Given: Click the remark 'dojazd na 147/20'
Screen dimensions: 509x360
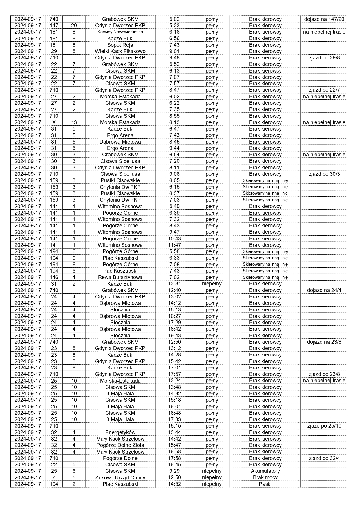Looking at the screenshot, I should point(324,19).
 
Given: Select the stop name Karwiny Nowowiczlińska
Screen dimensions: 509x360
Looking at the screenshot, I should point(120,32).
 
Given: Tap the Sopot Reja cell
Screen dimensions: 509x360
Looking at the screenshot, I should point(120,45).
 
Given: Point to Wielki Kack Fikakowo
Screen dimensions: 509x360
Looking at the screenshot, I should point(120,51).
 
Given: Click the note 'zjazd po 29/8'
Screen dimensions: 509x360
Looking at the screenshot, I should point(324,58).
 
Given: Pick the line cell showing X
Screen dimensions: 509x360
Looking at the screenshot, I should point(54,122).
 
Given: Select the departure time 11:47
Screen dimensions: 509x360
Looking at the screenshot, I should point(174,245).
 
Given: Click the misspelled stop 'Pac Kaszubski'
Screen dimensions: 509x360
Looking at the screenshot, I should point(120,271).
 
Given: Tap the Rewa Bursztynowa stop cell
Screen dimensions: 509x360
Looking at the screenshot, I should point(120,277).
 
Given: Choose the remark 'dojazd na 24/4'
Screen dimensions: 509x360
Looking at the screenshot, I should point(324,290).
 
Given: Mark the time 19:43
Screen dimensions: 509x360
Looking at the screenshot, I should point(174,336).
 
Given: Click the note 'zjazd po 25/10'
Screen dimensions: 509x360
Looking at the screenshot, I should point(324,426).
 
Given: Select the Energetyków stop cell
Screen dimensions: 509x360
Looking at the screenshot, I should point(120,432).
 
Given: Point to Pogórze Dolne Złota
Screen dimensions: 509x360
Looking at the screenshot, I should point(120,445).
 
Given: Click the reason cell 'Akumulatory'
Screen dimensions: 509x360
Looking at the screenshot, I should point(265,471).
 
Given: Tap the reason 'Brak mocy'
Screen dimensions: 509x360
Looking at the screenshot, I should point(265,477).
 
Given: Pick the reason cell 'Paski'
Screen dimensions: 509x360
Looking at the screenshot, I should point(265,484).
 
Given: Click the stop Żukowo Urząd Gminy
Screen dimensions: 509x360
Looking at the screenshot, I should point(120,477).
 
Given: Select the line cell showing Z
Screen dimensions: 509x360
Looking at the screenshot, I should point(54,477).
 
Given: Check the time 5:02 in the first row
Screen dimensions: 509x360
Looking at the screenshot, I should point(174,19).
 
